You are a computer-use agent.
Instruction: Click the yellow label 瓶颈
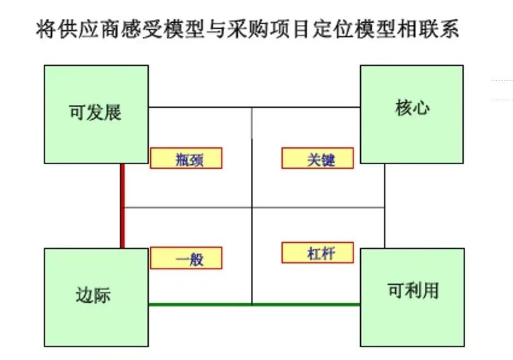point(186,158)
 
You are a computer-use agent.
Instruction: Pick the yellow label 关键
point(318,158)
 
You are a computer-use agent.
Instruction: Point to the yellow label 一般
point(186,258)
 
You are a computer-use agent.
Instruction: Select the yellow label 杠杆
point(318,253)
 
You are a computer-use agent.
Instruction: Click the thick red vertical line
point(123,206)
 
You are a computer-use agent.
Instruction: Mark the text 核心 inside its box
point(411,108)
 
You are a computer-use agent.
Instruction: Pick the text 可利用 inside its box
point(412,290)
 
